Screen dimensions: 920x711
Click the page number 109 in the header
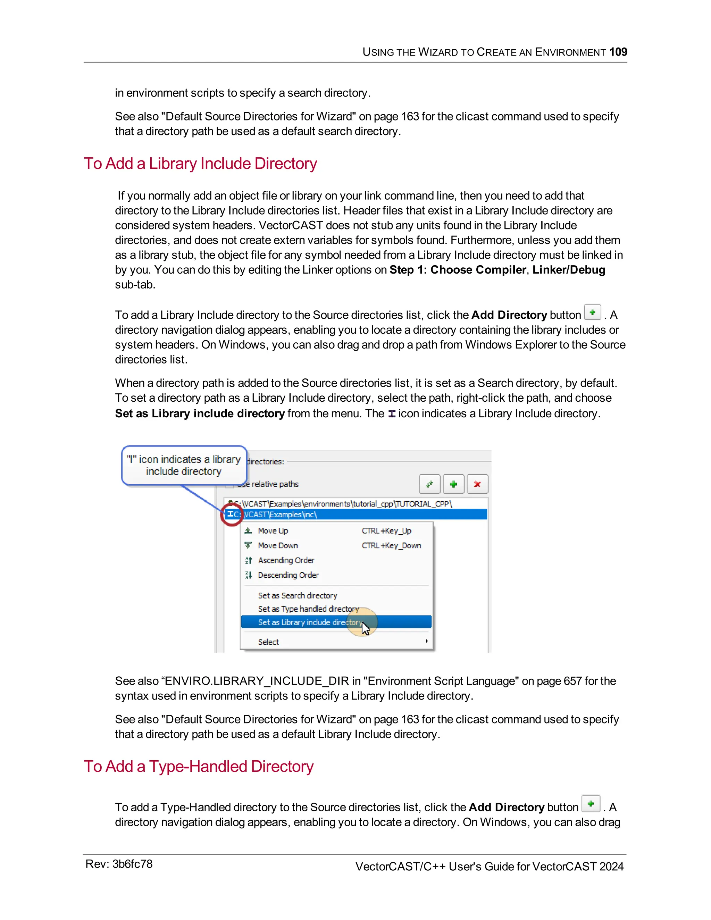(618, 52)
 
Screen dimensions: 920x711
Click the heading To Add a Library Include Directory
(200, 164)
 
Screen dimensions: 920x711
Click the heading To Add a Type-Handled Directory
(198, 766)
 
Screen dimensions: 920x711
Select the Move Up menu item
(273, 531)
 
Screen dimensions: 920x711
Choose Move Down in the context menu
(278, 545)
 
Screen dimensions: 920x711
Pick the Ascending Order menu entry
(286, 560)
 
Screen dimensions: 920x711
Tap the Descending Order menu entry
(288, 575)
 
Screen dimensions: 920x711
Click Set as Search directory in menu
(298, 596)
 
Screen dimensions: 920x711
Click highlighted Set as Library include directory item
(310, 622)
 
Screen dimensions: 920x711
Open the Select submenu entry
(268, 642)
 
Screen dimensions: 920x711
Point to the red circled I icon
(231, 514)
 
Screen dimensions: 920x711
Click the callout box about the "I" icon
(184, 465)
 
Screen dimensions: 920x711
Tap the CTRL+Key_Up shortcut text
(386, 531)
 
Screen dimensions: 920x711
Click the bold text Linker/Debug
(569, 270)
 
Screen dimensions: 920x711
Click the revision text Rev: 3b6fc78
(119, 864)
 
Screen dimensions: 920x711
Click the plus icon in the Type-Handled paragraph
(591, 804)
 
